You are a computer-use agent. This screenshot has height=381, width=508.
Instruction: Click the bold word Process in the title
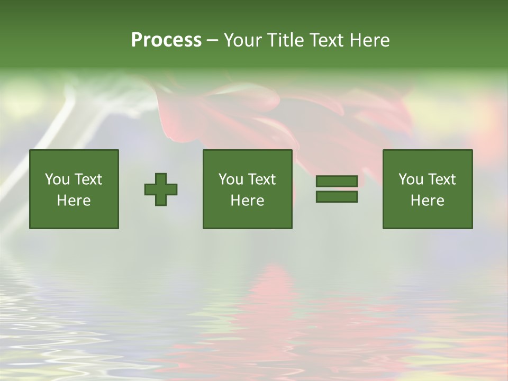coord(166,40)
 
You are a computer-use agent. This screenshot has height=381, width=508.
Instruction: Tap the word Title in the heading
coord(284,40)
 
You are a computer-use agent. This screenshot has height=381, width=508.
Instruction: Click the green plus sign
coord(161,189)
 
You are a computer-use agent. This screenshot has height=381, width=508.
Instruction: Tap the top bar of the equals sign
coord(337,182)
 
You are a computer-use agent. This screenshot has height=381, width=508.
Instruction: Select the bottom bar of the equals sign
coord(337,197)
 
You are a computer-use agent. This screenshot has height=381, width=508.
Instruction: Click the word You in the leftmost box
coord(57,179)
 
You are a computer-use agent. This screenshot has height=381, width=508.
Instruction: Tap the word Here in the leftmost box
coord(74,201)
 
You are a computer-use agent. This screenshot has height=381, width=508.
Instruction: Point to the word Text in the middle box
coord(262,179)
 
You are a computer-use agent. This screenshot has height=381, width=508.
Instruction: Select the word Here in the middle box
coord(248,201)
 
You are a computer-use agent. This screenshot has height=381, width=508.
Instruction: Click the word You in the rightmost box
coord(411,179)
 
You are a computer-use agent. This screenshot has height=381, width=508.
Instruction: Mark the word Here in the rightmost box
coord(428,201)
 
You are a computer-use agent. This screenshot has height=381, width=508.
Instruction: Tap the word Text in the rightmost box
coord(442,179)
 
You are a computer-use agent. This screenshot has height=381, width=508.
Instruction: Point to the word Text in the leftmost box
coord(89,179)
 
